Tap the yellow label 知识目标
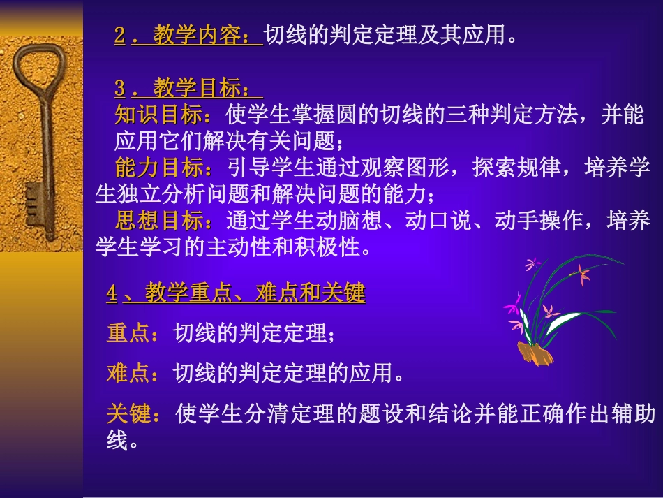tap(161, 115)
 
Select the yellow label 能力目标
tap(161, 168)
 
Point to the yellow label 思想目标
tap(161, 221)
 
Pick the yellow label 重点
tap(128, 333)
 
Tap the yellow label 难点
tap(128, 374)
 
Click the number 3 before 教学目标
tap(120, 89)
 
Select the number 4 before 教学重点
tap(112, 294)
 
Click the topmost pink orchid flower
tap(533, 264)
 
